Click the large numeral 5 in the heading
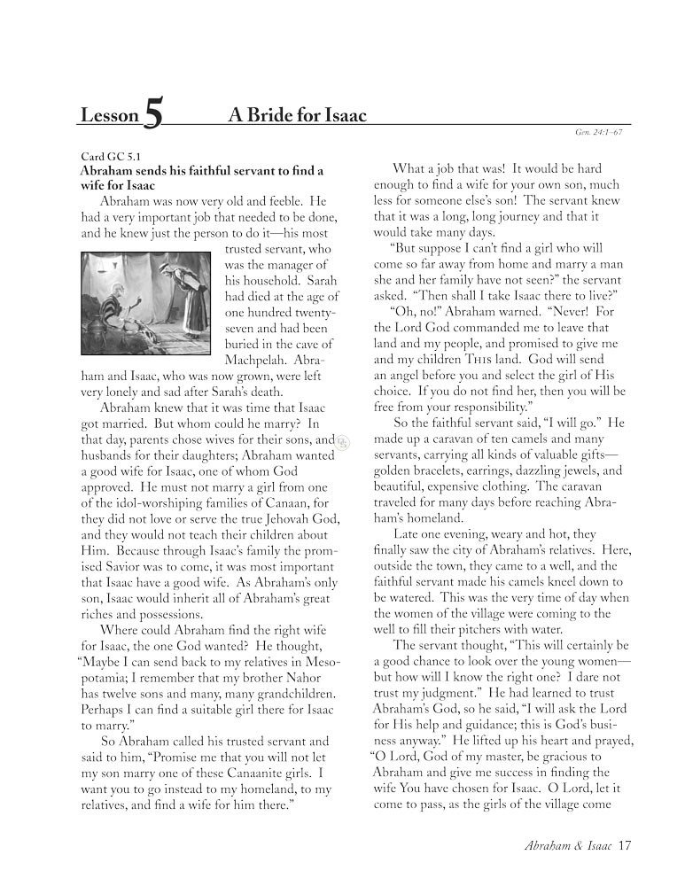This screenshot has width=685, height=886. tap(152, 116)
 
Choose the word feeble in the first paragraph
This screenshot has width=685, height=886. tap(282, 203)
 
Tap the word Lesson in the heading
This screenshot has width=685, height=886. tap(109, 116)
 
